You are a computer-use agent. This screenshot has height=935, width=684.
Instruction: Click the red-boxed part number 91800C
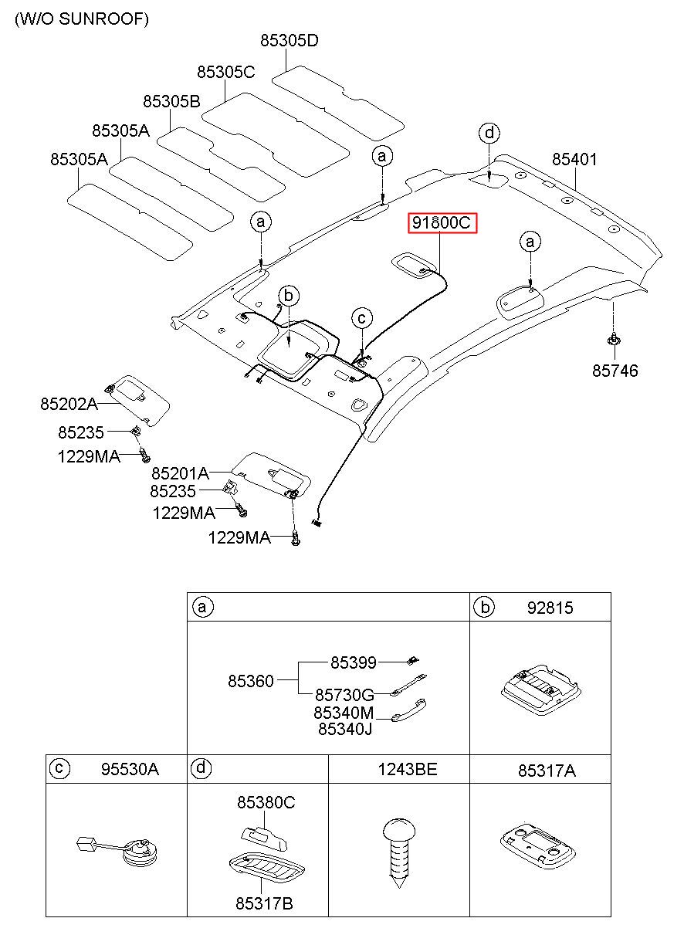[x=442, y=223]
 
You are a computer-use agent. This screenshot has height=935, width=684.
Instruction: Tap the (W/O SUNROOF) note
[x=82, y=19]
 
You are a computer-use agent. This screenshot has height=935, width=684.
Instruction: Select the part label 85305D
[x=290, y=40]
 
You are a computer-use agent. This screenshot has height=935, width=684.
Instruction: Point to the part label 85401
[x=574, y=159]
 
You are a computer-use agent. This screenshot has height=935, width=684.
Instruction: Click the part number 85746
[x=615, y=371]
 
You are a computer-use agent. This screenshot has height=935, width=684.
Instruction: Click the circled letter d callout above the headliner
[x=489, y=133]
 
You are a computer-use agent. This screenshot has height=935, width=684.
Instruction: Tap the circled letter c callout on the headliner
[x=362, y=318]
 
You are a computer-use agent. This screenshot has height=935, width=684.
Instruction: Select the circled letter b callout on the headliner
[x=289, y=296]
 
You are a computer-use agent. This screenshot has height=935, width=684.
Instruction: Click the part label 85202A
[x=69, y=404]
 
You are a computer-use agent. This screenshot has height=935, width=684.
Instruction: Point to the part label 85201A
[x=180, y=473]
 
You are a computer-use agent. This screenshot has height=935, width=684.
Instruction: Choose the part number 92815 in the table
[x=550, y=608]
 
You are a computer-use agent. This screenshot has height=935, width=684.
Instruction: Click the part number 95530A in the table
[x=130, y=769]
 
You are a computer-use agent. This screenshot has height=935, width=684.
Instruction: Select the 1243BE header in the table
[x=408, y=769]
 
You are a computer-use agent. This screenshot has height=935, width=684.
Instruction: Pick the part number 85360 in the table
[x=250, y=681]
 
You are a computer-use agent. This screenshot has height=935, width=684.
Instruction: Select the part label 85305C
[x=225, y=73]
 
